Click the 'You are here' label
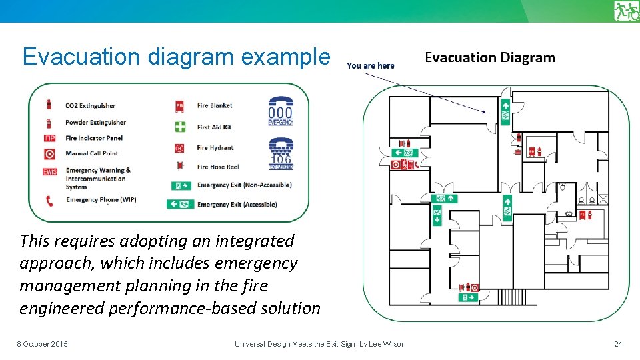[370, 65]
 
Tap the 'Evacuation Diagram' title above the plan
[489, 57]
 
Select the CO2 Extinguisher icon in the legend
[49, 105]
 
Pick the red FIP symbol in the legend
[49, 138]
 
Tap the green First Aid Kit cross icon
[180, 127]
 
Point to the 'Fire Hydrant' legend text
[215, 147]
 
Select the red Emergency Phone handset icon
[49, 200]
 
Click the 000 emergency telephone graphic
[281, 111]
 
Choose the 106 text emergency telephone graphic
[281, 154]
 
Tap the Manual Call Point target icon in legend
[49, 154]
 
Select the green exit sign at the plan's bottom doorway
[468, 297]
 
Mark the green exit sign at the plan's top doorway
[505, 111]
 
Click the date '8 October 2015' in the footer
[42, 344]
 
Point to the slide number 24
[617, 344]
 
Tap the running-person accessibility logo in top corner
[626, 11]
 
